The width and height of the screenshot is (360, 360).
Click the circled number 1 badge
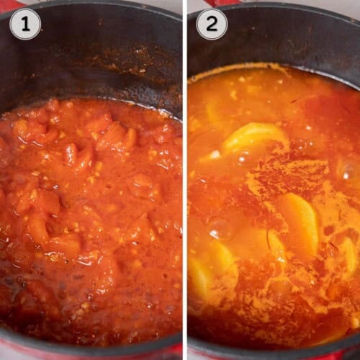pos(24,24)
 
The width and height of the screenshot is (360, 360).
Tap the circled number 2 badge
pos(212,24)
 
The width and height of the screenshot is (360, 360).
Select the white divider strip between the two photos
pos(184,180)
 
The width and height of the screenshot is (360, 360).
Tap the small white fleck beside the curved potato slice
pos(214,153)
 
